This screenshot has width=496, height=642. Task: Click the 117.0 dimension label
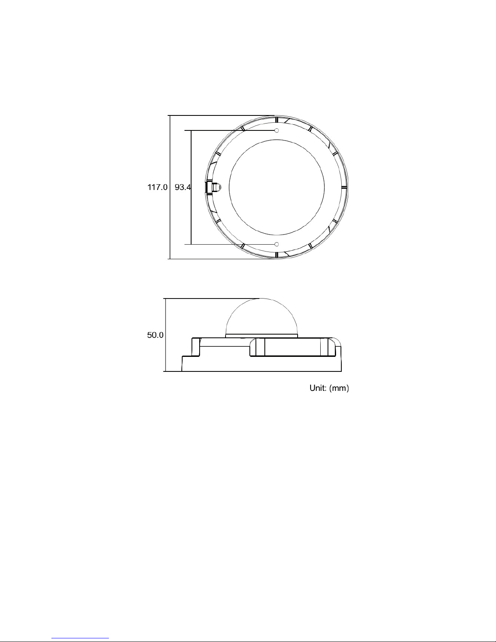click(158, 187)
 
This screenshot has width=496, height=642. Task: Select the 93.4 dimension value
click(183, 187)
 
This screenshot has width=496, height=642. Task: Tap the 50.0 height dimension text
click(155, 335)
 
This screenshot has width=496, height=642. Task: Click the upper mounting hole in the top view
click(277, 130)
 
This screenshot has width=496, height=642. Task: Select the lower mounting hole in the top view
click(277, 244)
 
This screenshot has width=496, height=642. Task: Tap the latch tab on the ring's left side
click(213, 187)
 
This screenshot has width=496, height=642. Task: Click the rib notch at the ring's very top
click(277, 119)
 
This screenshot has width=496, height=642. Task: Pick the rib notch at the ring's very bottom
click(277, 255)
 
